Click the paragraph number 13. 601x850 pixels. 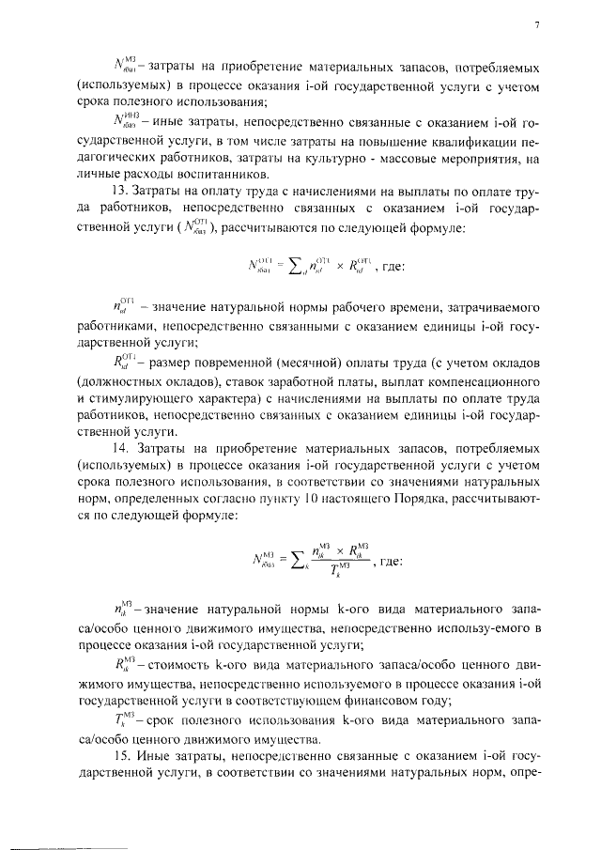pyautogui.click(x=117, y=191)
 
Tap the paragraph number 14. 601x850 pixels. pyautogui.click(x=117, y=458)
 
